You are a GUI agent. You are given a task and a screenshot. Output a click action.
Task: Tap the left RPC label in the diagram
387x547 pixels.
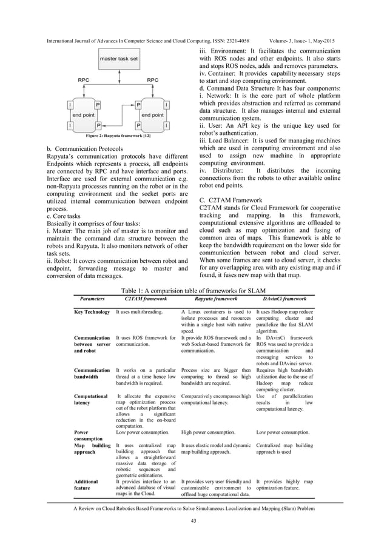click(x=83, y=79)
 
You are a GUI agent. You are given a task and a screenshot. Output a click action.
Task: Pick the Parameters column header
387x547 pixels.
click(x=92, y=299)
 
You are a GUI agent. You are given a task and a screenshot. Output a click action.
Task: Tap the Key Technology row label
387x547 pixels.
click(x=92, y=312)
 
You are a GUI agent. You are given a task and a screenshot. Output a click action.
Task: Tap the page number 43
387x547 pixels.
click(x=193, y=521)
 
